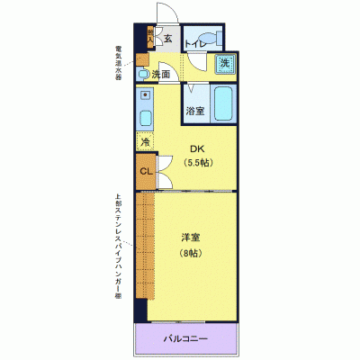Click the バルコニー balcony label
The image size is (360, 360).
coord(186,340)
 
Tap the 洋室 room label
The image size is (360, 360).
coord(189,238)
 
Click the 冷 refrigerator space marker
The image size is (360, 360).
coord(144,141)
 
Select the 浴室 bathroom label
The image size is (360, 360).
coord(195,111)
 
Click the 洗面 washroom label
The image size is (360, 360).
coord(162,74)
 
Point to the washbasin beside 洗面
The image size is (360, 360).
coord(143,72)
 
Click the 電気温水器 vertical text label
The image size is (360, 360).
coord(118,63)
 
